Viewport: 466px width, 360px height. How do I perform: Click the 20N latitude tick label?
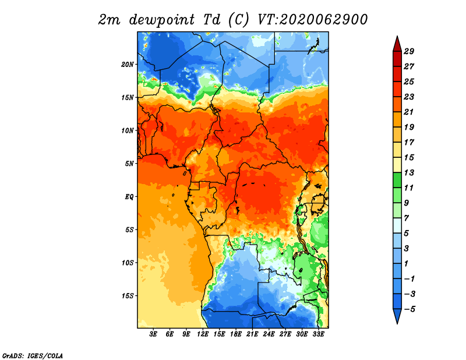tap(128, 65)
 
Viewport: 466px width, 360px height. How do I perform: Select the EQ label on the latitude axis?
tap(129, 197)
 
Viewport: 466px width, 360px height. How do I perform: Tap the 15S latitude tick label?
tap(128, 296)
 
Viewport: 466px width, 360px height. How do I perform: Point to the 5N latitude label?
tap(129, 164)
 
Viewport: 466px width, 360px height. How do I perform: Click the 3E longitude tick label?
tap(153, 334)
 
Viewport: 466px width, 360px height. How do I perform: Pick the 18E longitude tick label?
tap(236, 334)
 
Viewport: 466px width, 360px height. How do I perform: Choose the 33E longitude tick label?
tap(318, 334)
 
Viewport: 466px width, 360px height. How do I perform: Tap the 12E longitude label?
tap(203, 334)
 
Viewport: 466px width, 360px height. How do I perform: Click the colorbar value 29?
tap(409, 51)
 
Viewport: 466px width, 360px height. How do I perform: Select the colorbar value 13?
tap(409, 172)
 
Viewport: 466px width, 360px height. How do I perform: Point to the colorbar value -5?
tap(409, 309)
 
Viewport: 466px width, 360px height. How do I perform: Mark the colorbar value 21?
tap(409, 112)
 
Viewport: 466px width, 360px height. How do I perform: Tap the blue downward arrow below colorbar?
tap(397, 315)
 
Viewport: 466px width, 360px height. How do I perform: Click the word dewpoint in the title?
tap(162, 20)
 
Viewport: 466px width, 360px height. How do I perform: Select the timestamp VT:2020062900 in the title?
tap(313, 20)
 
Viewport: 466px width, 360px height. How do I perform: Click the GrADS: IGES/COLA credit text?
tap(33, 355)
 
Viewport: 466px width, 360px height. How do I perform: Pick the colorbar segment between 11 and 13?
tap(397, 181)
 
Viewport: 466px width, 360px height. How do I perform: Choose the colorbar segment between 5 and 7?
tap(397, 226)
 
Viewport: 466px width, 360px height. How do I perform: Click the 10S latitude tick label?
tap(128, 263)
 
